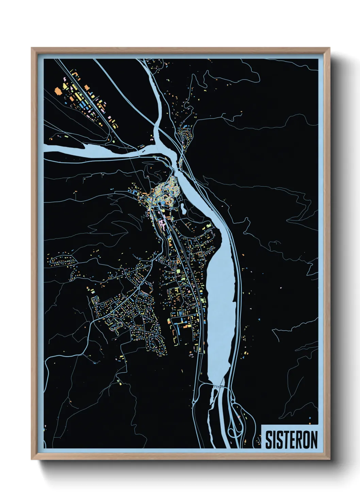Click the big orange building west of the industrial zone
click(58, 91)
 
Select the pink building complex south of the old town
click(163, 223)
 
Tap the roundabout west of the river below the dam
click(194, 402)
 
